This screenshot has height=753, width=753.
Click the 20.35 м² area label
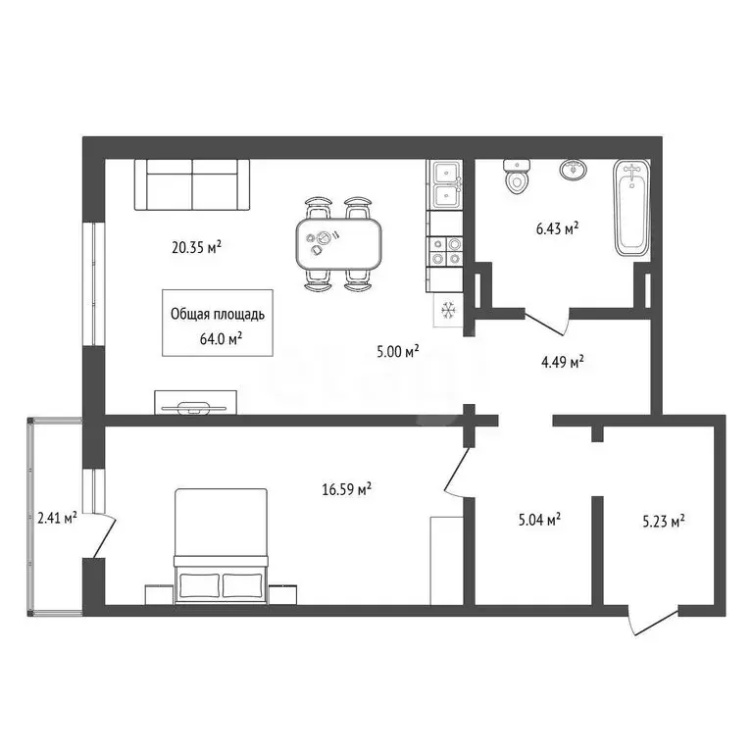click(x=196, y=247)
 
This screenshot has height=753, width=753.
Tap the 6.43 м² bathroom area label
click(x=557, y=228)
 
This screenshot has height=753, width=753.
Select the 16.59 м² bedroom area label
click(x=347, y=489)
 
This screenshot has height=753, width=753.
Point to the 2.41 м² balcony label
click(x=57, y=518)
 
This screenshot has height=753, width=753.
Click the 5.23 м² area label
click(x=664, y=521)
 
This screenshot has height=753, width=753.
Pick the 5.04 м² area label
click(x=540, y=519)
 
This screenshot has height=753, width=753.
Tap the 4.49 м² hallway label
click(x=563, y=361)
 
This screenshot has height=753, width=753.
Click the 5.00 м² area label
click(x=398, y=352)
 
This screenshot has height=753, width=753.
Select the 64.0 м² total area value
click(x=221, y=339)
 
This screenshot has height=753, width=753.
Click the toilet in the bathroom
click(x=517, y=176)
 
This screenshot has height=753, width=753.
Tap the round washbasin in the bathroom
click(x=574, y=170)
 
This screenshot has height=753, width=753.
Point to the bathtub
click(x=631, y=208)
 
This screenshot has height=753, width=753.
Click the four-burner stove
click(x=446, y=252)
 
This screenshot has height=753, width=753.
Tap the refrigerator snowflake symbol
click(x=448, y=310)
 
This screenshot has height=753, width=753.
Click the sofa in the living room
click(x=192, y=185)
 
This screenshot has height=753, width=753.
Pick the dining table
click(x=338, y=243)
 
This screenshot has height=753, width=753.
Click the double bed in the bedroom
click(x=221, y=545)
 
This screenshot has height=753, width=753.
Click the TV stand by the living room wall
click(x=195, y=402)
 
